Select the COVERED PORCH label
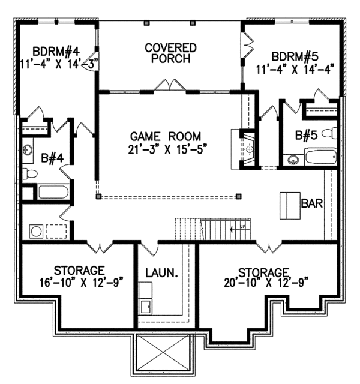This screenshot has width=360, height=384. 171,53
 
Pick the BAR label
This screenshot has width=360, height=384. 312,204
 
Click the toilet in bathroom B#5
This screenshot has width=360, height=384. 328,133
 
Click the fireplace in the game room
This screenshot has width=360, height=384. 248,146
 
